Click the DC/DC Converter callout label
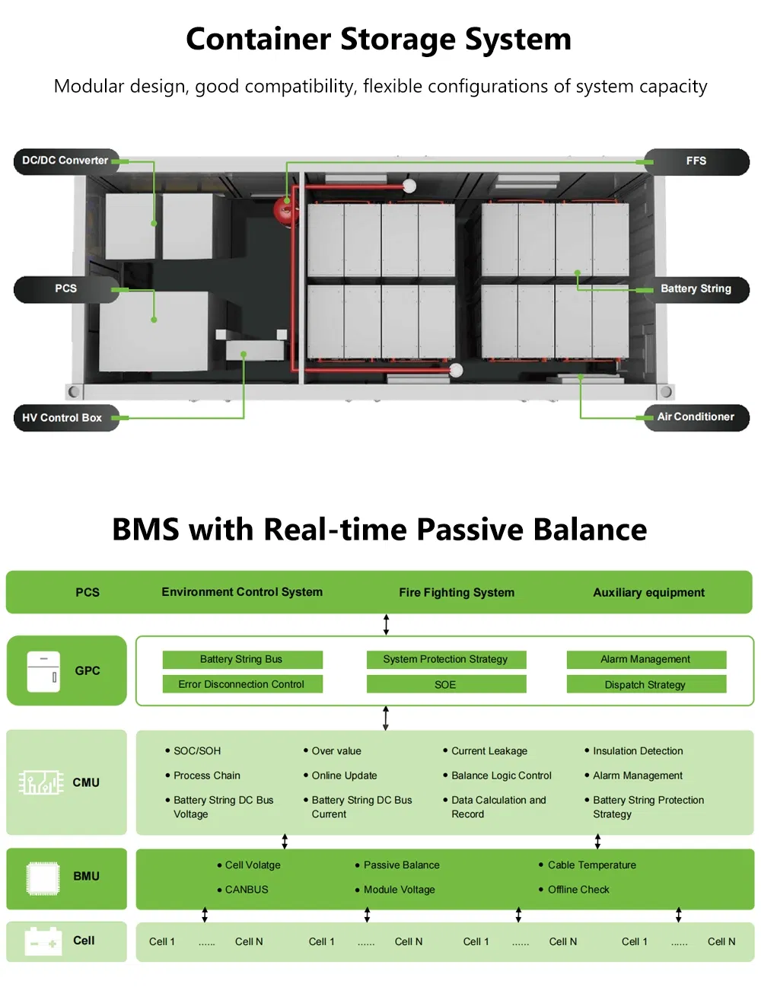pos(65,161)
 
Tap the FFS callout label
pos(696,161)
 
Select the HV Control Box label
pos(63,418)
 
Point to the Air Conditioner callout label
pos(696,417)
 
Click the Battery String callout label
pos(696,289)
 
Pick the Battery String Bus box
pos(242,659)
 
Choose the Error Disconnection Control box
pos(242,684)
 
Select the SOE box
pos(446,684)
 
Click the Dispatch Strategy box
pos(646,684)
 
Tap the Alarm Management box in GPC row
pos(646,659)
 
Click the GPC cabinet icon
pos(43,671)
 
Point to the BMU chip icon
pos(43,878)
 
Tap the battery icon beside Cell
pos(43,941)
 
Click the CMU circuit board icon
pos(41,782)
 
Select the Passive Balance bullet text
pos(401,865)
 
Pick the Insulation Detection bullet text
pos(638,751)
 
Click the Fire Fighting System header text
pos(457,593)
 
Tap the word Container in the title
pos(259,40)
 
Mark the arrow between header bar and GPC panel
pos(387,625)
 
